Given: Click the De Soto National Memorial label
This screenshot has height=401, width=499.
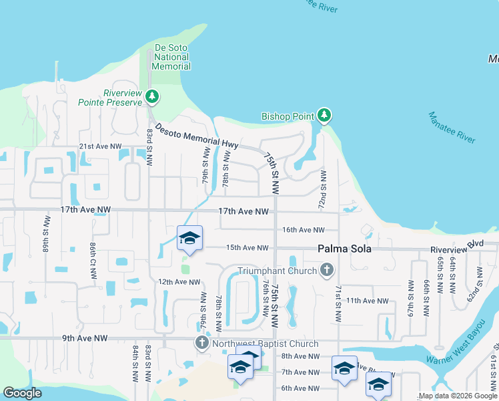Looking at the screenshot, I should pyautogui.click(x=171, y=57).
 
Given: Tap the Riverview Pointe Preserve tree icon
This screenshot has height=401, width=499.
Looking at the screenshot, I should pyautogui.click(x=153, y=98).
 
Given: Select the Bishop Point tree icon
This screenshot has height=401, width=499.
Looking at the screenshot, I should pyautogui.click(x=324, y=116).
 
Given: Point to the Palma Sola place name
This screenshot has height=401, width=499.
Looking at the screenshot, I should pyautogui.click(x=342, y=248).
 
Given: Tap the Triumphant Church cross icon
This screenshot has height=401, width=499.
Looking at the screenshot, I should pyautogui.click(x=326, y=270).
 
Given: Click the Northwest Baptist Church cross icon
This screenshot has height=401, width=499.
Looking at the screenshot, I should pyautogui.click(x=202, y=344).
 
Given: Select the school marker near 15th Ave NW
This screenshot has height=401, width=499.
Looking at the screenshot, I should pyautogui.click(x=190, y=239).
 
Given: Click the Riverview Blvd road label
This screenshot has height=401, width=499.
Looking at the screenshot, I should pyautogui.click(x=456, y=245).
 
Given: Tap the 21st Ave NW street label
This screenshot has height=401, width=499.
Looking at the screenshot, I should pyautogui.click(x=100, y=146).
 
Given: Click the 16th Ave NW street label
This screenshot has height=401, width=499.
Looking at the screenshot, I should pyautogui.click(x=303, y=229).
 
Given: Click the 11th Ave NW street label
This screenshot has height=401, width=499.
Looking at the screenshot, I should pyautogui.click(x=367, y=301).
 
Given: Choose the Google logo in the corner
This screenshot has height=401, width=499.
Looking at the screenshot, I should pyautogui.click(x=23, y=393).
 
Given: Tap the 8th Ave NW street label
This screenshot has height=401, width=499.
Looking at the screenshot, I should pyautogui.click(x=300, y=356).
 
